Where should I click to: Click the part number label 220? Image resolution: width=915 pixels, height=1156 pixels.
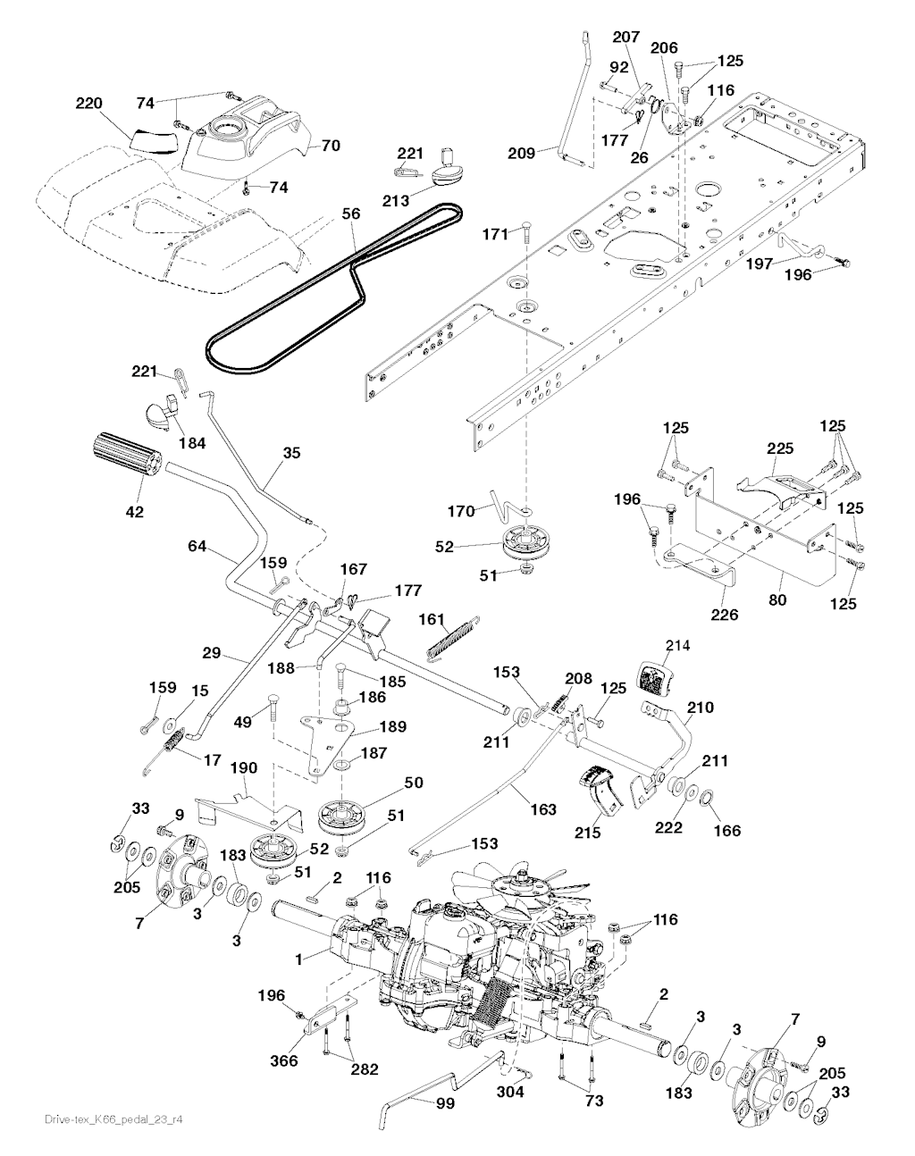pyautogui.click(x=89, y=104)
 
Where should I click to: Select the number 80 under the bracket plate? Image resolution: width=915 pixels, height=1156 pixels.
pyautogui.click(x=777, y=600)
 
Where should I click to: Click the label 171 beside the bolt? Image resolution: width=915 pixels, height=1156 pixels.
pyautogui.click(x=495, y=210)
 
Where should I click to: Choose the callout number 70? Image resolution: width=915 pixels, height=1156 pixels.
pyautogui.click(x=330, y=145)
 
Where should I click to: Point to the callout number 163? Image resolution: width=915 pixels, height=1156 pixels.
pyautogui.click(x=542, y=809)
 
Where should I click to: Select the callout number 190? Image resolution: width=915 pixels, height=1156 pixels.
pyautogui.click(x=219, y=768)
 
